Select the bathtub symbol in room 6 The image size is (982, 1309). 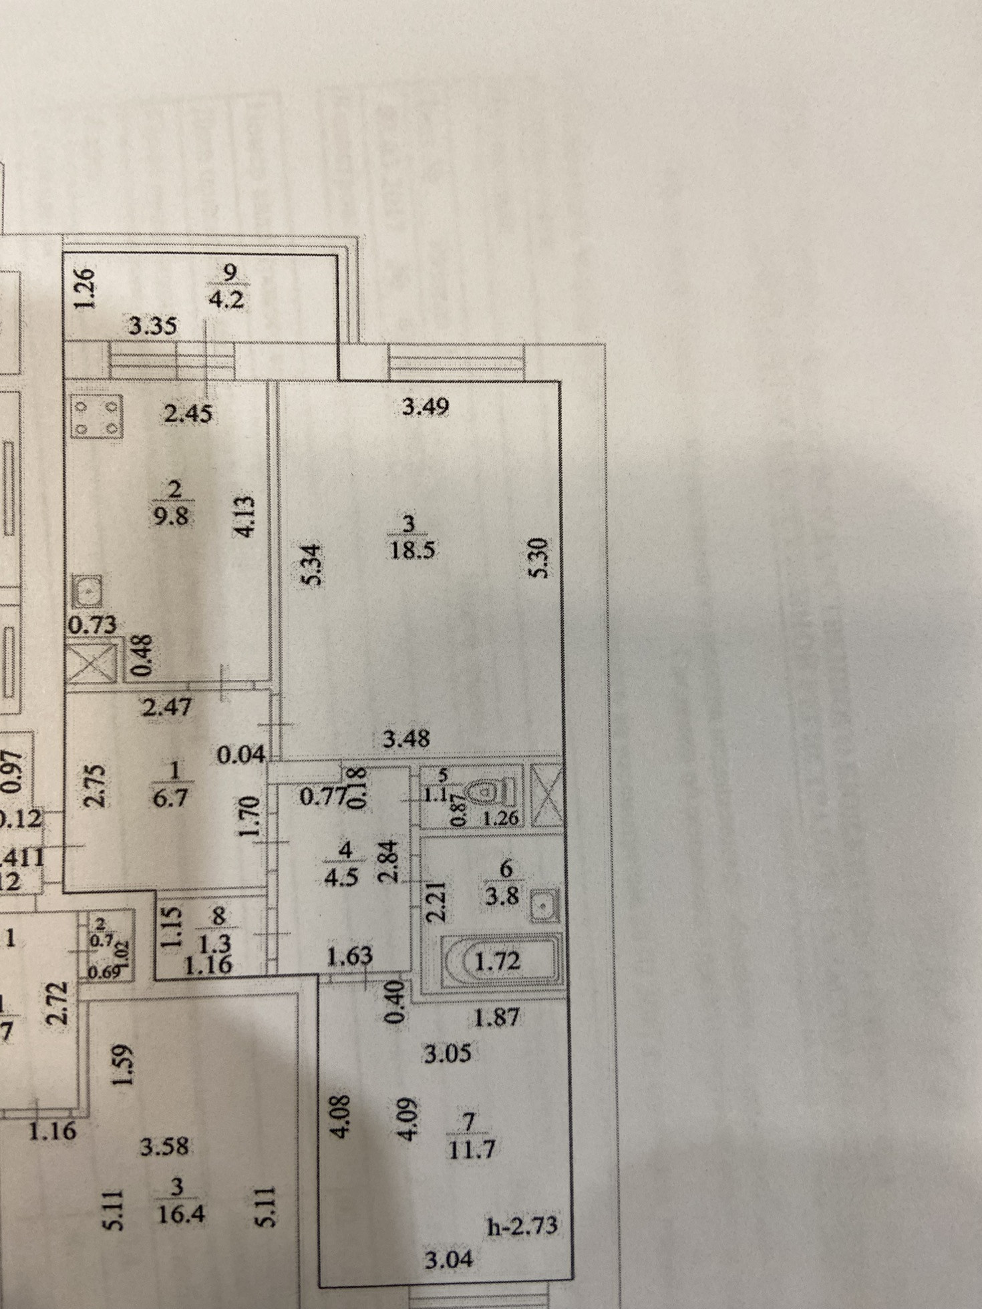[500, 961]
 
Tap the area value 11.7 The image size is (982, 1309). [472, 1149]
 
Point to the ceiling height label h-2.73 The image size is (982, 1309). [522, 1226]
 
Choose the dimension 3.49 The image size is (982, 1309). [426, 406]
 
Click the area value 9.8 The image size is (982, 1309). [172, 516]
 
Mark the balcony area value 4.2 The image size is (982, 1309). [226, 300]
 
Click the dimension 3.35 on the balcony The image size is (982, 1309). [153, 326]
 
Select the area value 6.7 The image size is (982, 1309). [170, 797]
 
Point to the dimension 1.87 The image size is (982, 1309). [496, 1018]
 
